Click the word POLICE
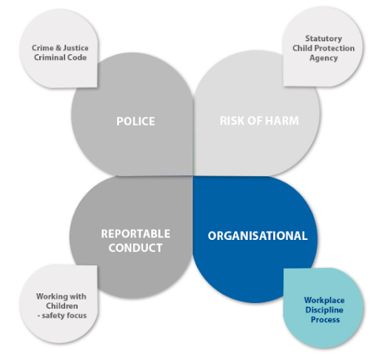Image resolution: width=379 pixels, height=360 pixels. point(135,121)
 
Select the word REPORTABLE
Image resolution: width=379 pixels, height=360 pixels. point(135,234)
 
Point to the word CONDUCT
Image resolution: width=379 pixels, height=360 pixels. point(135,248)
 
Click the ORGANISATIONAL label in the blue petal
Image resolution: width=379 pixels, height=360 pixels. point(258,236)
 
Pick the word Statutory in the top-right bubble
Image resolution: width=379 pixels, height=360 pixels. point(323,39)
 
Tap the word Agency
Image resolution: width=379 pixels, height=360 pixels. point(323,59)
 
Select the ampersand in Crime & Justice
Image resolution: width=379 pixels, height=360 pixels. point(58,48)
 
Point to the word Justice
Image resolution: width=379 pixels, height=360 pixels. point(76,48)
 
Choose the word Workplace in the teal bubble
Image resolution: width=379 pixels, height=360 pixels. point(324,300)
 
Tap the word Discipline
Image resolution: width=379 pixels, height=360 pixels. point(324,310)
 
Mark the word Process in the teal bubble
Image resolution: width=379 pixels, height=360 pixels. point(325,320)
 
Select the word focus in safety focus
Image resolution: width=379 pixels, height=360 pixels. point(76,316)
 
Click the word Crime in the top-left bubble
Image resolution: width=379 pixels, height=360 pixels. point(43,48)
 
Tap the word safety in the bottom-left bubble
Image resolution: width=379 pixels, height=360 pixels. point(53,316)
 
